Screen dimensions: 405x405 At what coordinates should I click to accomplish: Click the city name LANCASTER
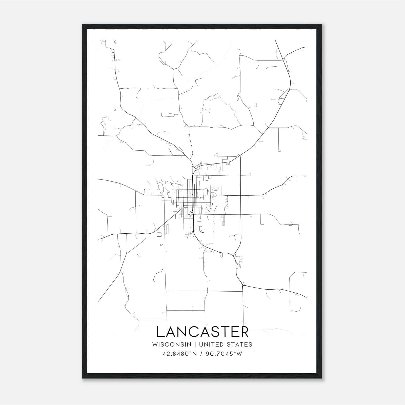[202, 332]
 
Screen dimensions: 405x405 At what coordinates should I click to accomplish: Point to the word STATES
[239, 344]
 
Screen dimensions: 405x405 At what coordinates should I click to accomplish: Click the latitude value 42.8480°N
[180, 354]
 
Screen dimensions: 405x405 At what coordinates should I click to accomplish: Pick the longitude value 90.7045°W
[224, 354]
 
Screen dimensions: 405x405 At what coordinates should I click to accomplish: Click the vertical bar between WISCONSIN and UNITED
[195, 344]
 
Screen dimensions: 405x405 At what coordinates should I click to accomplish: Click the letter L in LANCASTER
[160, 332]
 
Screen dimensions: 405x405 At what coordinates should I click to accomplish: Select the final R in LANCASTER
[244, 332]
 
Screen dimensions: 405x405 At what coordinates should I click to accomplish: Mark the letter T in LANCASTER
[222, 332]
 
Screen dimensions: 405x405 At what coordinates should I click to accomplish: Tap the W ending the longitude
[239, 354]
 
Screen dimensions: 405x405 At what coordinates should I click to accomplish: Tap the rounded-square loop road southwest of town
[159, 234]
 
